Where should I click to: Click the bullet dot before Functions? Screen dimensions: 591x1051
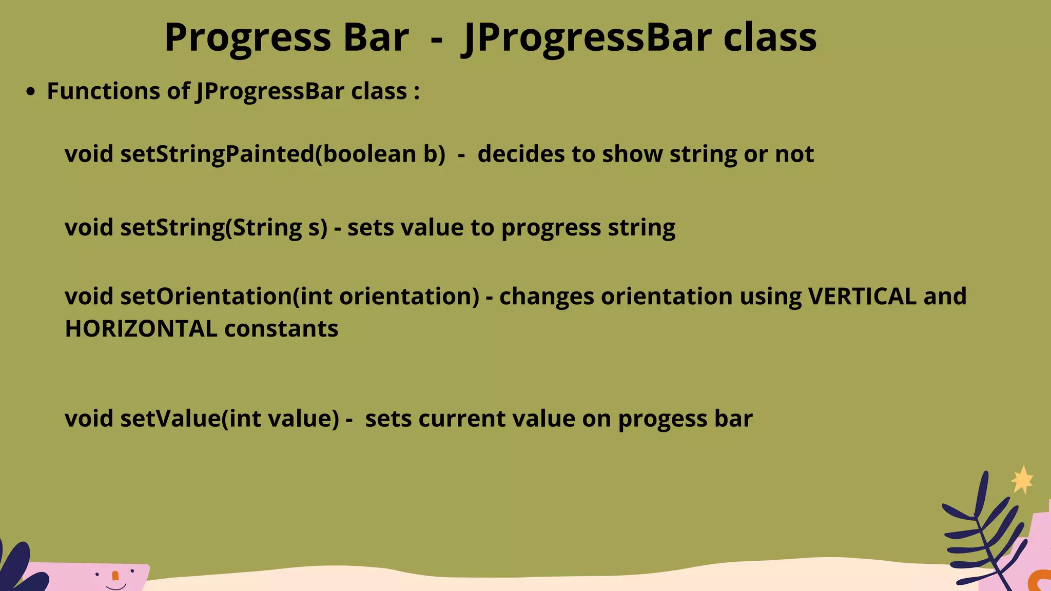(x=31, y=92)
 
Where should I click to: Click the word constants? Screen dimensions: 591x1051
(x=281, y=329)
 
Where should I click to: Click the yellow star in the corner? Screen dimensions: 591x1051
(x=1022, y=480)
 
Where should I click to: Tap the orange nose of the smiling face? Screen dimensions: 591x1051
(x=115, y=576)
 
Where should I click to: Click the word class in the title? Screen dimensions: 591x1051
(x=769, y=37)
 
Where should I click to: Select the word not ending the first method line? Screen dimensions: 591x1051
(x=794, y=154)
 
